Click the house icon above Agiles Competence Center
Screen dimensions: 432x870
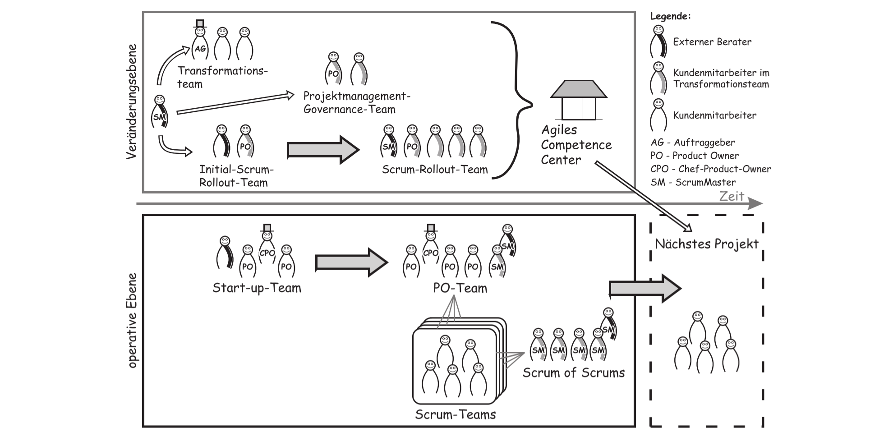pyautogui.click(x=579, y=100)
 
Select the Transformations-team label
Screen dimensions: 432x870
pyautogui.click(x=222, y=77)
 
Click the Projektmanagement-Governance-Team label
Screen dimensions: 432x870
pyautogui.click(x=356, y=102)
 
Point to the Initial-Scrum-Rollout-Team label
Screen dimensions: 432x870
pyautogui.click(x=236, y=176)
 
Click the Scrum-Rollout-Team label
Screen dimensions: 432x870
pyautogui.click(x=435, y=170)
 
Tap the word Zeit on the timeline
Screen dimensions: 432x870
pyautogui.click(x=731, y=196)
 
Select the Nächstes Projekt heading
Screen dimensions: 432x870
pyautogui.click(x=707, y=244)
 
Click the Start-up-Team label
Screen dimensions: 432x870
pyautogui.click(x=257, y=288)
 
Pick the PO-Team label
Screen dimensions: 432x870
pyautogui.click(x=460, y=288)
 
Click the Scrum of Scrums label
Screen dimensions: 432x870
pyautogui.click(x=574, y=372)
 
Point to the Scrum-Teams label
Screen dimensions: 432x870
pyautogui.click(x=456, y=414)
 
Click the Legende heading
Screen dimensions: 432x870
pyautogui.click(x=670, y=16)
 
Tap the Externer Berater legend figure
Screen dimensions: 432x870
pyautogui.click(x=658, y=42)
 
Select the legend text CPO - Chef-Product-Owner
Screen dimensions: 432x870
pyautogui.click(x=710, y=169)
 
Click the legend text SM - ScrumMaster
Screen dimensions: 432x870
pyautogui.click(x=693, y=182)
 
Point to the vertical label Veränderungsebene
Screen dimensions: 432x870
pyautogui.click(x=131, y=101)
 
